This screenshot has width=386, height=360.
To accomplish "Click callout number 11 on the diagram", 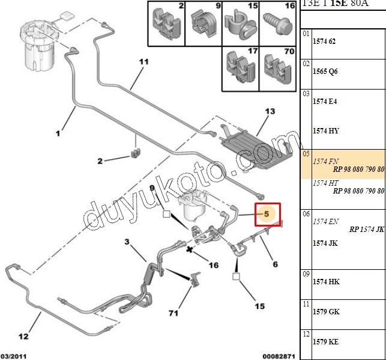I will coord(143,62).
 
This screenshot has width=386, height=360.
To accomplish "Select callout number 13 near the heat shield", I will coord(270,112).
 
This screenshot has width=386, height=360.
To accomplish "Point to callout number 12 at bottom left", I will coord(22,337).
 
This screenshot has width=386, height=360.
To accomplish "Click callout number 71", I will coord(173,313).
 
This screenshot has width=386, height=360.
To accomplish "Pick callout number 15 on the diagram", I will coord(259,306).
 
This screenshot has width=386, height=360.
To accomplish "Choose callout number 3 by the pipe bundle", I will coord(127,242).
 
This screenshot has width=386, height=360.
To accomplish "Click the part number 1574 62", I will coord(324,41).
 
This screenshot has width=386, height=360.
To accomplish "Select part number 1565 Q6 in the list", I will coord(325,71).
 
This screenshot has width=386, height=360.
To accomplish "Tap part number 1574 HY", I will coord(325,130).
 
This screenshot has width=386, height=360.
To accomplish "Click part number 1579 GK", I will coord(326,312).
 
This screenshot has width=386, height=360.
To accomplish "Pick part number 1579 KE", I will coord(325,341).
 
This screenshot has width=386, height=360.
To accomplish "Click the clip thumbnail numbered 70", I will coord(276,67).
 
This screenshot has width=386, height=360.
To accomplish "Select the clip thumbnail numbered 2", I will coord(165,24).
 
